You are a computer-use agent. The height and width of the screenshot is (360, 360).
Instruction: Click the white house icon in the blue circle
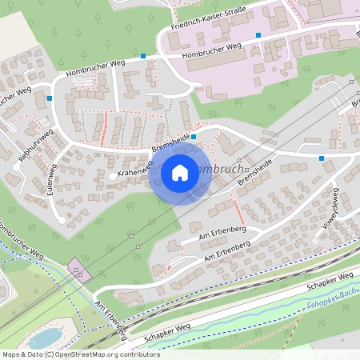(180, 172)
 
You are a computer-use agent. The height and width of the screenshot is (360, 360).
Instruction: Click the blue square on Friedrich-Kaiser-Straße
(258, 35)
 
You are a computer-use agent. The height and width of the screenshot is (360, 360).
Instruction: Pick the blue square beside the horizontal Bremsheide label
(194, 137)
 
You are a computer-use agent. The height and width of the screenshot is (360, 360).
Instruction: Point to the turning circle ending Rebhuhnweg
(17, 167)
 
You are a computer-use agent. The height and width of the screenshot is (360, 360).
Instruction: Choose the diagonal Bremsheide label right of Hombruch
(254, 169)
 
